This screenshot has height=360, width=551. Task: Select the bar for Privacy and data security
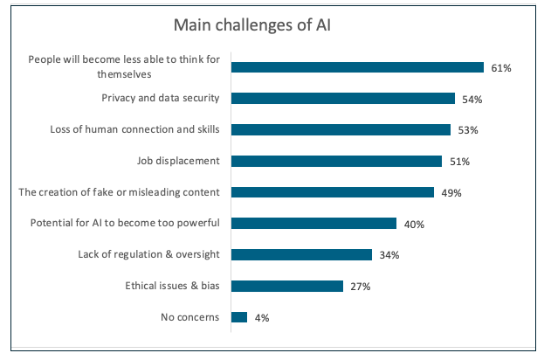(342, 98)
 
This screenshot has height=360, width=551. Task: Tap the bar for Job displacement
(336, 161)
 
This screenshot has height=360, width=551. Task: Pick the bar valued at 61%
(357, 67)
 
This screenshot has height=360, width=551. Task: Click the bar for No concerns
(239, 317)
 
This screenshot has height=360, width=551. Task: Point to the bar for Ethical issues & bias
(286, 286)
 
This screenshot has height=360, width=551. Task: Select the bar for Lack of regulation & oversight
(301, 254)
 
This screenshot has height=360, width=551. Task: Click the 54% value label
(472, 100)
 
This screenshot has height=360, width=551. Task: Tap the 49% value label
(451, 193)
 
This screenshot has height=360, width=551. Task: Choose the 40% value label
(414, 225)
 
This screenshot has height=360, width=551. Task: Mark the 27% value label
(360, 287)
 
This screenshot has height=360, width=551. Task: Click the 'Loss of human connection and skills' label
(135, 129)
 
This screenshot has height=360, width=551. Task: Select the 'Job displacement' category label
(178, 161)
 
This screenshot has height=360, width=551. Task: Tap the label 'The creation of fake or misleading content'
(120, 192)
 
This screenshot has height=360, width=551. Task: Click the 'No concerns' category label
(190, 317)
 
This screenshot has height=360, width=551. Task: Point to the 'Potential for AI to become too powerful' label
(124, 224)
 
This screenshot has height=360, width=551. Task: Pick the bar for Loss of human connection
(341, 129)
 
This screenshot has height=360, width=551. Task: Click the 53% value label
(468, 130)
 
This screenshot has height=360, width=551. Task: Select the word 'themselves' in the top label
(191, 76)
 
